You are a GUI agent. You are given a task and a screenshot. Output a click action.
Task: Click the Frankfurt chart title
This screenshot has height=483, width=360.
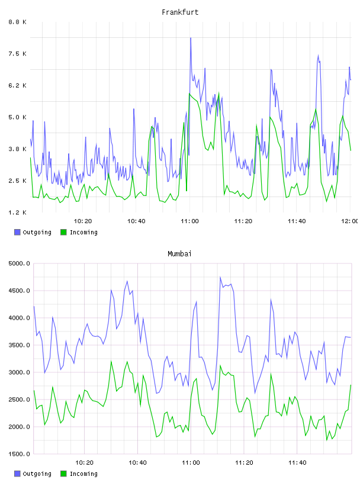pos(180,12)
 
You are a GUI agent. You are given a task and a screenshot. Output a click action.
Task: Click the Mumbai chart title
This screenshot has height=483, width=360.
pos(179,254)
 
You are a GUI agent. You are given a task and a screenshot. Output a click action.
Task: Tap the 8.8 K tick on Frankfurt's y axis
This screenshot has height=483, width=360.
pos(18,22)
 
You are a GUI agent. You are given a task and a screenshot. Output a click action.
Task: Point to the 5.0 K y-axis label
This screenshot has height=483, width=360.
pos(18,117)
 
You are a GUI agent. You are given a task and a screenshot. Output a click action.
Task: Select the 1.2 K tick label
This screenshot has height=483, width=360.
pos(18,212)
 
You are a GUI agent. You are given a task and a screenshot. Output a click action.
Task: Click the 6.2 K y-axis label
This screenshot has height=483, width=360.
pos(18,85)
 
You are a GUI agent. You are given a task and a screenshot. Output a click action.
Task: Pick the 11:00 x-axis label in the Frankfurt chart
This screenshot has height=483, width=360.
pos(189,221)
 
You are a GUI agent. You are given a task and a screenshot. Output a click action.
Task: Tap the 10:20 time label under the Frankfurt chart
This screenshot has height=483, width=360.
pos(83,221)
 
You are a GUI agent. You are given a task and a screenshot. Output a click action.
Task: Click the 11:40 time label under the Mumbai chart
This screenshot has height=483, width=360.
pos(297,462)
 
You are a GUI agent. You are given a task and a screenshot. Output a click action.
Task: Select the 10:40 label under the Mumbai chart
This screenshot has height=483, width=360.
pos(137,462)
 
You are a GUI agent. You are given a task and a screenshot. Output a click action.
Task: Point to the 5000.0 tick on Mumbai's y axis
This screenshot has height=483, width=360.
pos(19,263)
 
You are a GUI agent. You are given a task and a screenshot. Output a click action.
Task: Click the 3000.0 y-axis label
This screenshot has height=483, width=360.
pos(19,372)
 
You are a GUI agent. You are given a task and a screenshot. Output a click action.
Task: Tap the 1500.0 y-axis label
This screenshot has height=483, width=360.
pos(19,454)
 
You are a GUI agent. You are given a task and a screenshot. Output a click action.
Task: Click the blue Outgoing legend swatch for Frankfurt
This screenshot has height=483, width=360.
pos(17,232)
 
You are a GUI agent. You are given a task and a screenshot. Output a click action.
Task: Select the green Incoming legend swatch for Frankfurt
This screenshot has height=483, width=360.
pos(63,232)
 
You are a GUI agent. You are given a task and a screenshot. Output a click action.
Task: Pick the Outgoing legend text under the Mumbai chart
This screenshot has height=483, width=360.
pos(37,474)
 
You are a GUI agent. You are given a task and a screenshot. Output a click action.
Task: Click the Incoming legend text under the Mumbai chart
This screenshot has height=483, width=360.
pos(83,474)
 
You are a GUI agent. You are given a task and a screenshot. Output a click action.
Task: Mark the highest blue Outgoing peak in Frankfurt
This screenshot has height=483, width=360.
pos(191,38)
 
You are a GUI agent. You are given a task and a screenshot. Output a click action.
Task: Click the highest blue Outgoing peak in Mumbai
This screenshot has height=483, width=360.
pos(220,277)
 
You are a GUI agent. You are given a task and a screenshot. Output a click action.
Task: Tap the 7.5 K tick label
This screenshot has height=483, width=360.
pos(18,54)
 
